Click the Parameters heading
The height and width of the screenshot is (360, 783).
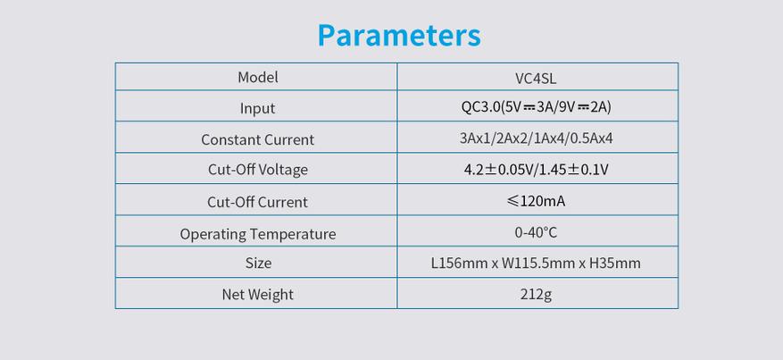click(399, 36)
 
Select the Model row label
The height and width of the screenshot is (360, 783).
click(258, 78)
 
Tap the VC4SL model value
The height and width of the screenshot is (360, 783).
click(537, 78)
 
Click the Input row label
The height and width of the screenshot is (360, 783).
click(258, 108)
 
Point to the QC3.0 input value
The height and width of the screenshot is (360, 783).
click(537, 107)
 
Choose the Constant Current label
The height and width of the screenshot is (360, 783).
click(258, 139)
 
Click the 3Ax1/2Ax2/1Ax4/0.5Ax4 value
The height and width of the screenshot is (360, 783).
click(537, 138)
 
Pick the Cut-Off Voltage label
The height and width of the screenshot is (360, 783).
click(258, 170)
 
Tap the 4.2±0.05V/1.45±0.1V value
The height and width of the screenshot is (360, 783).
click(537, 170)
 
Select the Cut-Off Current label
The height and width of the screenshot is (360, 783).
click(258, 202)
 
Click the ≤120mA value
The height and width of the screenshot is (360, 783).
click(537, 201)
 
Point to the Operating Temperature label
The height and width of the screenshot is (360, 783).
click(258, 234)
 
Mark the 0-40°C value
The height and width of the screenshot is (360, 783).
click(537, 232)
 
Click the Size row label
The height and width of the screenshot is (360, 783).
click(258, 264)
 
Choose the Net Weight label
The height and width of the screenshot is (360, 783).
click(258, 295)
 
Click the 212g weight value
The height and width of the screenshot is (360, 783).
click(537, 295)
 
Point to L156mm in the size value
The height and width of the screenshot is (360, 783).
click(460, 264)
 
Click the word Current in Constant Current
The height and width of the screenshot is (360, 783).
click(289, 139)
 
